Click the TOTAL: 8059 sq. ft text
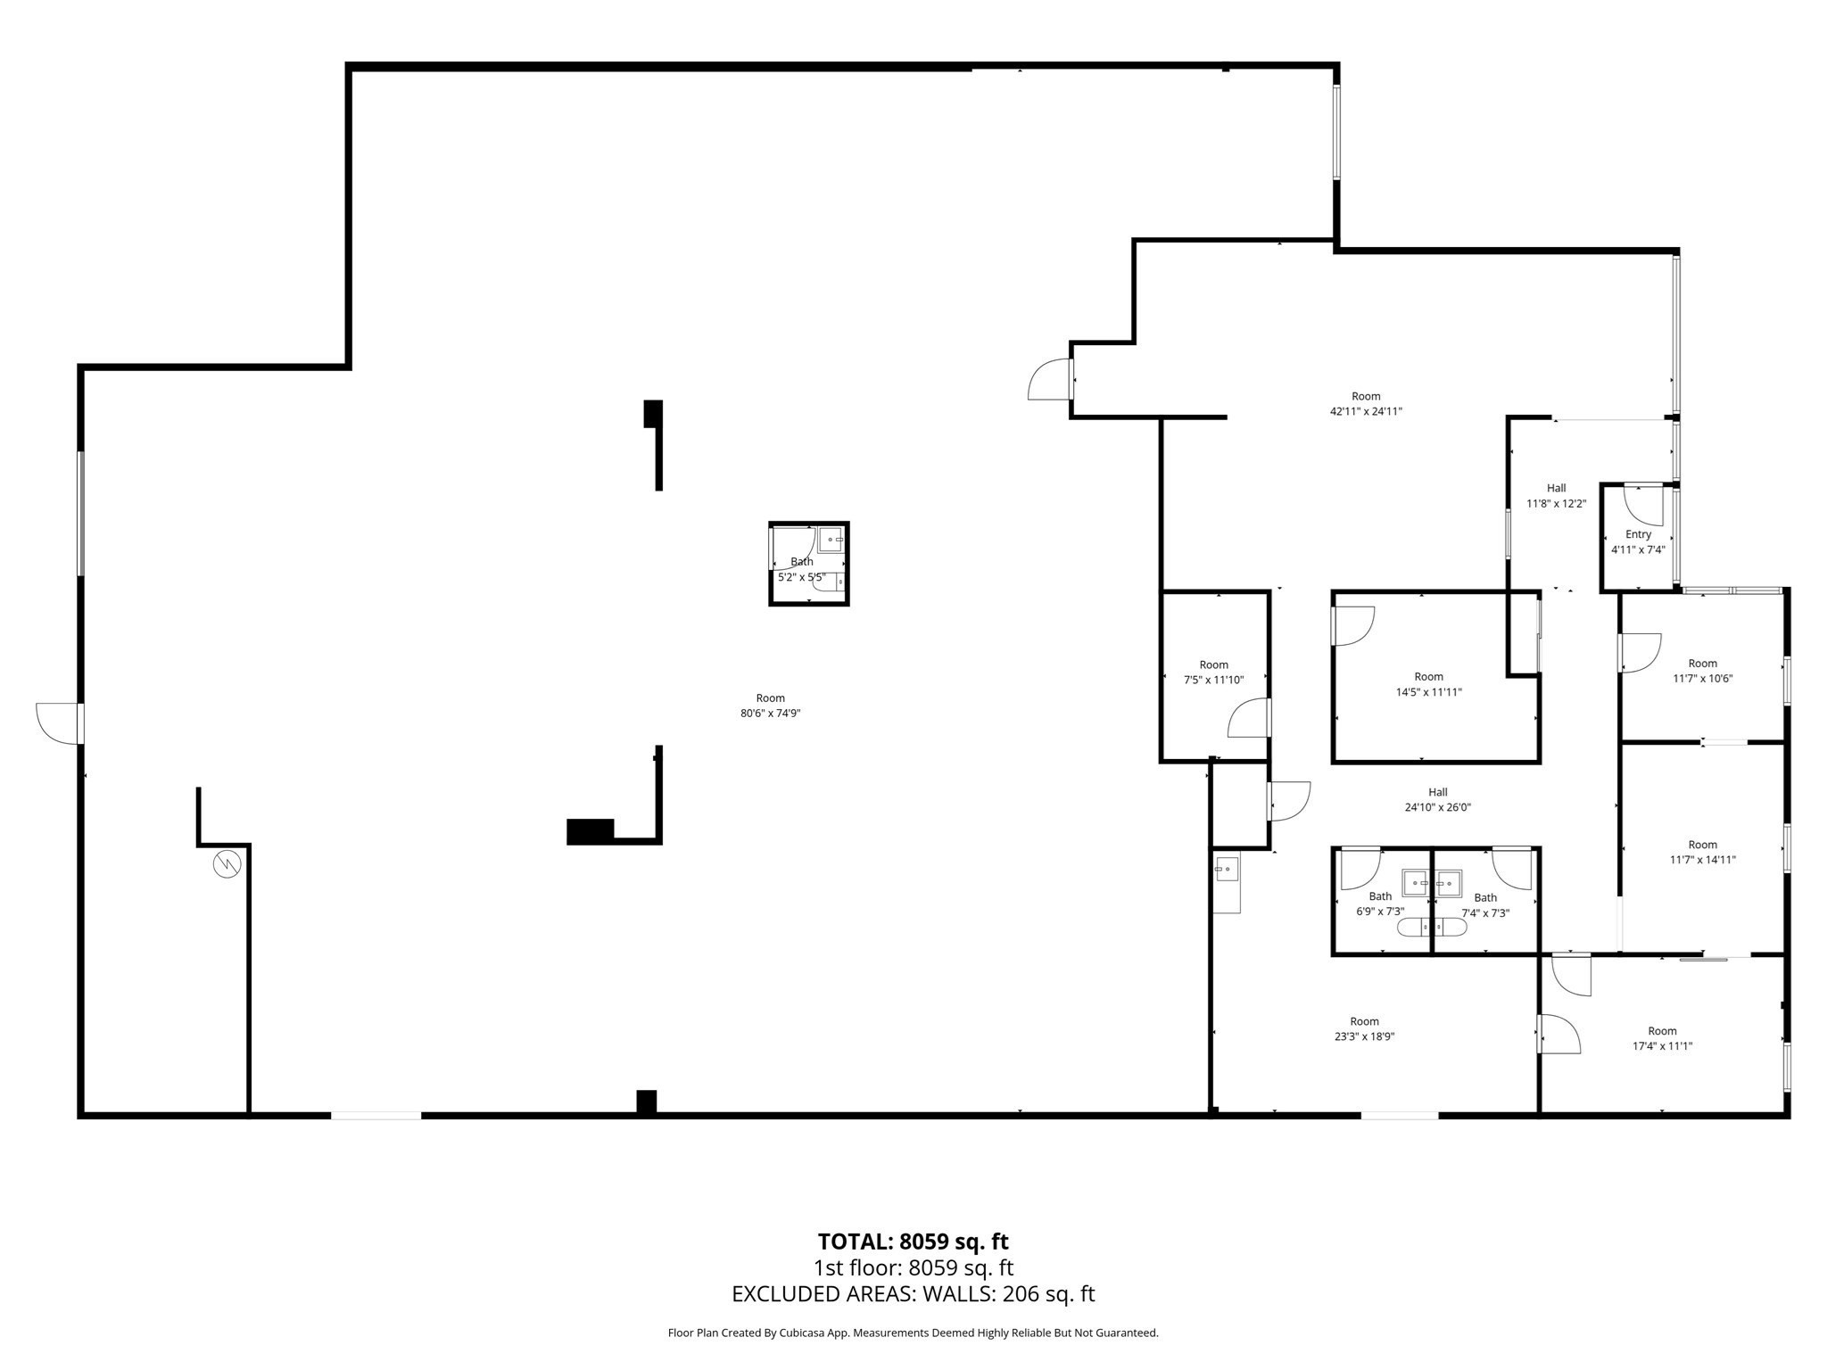(913, 1242)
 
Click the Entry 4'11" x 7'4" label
(1638, 542)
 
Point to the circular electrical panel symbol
(227, 864)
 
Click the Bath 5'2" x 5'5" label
(801, 569)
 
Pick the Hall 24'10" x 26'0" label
(1437, 799)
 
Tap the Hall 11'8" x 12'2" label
(1556, 496)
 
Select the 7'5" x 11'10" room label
(1213, 672)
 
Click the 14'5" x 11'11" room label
(1428, 684)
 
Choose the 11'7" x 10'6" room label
(1702, 671)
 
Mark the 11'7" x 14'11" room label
(1702, 852)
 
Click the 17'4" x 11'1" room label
(1662, 1038)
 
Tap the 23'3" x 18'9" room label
(1364, 1028)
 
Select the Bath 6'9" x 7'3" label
(1380, 904)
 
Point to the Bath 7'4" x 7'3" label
(1485, 905)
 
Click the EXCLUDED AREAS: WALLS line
(913, 1293)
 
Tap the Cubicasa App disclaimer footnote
(913, 1333)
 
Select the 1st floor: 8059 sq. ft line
(913, 1267)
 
